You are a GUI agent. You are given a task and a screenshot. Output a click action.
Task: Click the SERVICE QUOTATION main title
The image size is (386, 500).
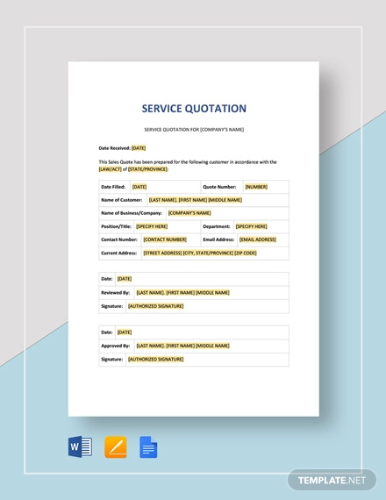194,109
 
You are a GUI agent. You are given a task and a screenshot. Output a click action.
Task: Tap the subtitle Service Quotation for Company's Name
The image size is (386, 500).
194,129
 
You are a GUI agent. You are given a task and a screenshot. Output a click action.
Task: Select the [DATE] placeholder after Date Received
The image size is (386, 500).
139,148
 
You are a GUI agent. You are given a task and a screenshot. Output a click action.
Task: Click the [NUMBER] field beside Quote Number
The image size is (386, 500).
256,187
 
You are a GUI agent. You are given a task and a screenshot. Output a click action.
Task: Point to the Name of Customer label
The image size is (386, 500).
122,200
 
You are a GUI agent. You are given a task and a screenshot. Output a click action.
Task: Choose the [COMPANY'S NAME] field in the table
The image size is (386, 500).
189,213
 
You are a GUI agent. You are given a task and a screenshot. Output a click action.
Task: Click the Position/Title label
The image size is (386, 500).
116,226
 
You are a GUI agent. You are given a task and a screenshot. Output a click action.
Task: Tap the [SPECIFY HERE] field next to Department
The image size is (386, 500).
251,226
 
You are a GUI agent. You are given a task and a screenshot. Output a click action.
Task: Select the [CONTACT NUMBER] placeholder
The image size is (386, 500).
165,239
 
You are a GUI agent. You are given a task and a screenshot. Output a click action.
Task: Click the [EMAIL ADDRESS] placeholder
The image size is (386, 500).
258,239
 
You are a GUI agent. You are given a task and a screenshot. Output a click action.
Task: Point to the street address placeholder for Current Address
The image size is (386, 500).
201,253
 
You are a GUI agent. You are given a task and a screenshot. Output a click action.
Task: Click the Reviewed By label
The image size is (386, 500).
115,292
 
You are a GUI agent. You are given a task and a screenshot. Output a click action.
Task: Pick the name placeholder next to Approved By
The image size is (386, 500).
182,346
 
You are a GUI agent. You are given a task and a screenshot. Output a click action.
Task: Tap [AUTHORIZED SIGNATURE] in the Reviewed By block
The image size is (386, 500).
155,305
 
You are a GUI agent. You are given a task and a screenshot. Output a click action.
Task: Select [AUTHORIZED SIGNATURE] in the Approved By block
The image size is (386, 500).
155,359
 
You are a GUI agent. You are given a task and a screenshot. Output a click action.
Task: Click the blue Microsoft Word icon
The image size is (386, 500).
80,447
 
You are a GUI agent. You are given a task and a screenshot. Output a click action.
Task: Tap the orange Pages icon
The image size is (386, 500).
115,447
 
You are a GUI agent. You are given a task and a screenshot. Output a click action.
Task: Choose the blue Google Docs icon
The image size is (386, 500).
148,447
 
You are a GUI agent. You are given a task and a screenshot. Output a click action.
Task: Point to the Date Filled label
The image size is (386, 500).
113,187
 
